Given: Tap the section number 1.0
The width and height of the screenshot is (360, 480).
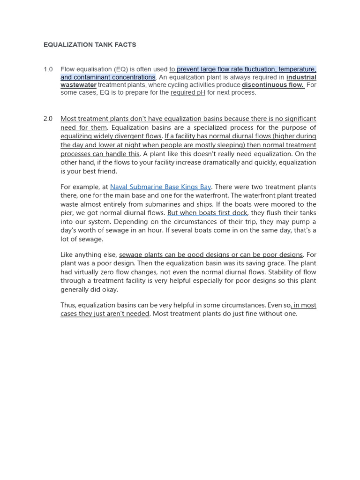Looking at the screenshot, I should tap(48, 69).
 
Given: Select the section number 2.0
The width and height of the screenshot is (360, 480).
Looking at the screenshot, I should tap(48, 119).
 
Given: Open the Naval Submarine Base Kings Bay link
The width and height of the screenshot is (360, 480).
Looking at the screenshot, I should tap(160, 187).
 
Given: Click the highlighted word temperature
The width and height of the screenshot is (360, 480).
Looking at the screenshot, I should tap(297, 69).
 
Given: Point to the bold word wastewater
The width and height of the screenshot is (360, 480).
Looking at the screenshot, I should tap(78, 85).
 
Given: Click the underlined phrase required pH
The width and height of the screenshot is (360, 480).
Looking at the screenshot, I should tap(188, 92).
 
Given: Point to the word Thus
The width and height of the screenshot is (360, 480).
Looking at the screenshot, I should tap(68, 305).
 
